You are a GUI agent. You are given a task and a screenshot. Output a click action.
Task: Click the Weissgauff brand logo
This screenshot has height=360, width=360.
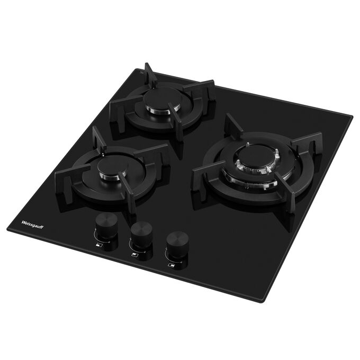[x=32, y=224]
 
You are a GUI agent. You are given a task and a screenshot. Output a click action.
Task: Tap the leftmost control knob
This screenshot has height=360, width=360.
[x=106, y=225]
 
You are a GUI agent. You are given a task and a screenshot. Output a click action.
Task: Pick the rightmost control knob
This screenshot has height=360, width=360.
[x=177, y=243]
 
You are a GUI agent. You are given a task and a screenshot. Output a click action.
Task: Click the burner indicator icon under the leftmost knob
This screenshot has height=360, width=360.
[x=99, y=246]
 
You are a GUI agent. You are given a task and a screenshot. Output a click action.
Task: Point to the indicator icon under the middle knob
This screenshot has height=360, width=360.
[x=134, y=255]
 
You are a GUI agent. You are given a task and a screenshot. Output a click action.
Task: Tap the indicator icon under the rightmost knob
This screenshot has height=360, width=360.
[x=171, y=265]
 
